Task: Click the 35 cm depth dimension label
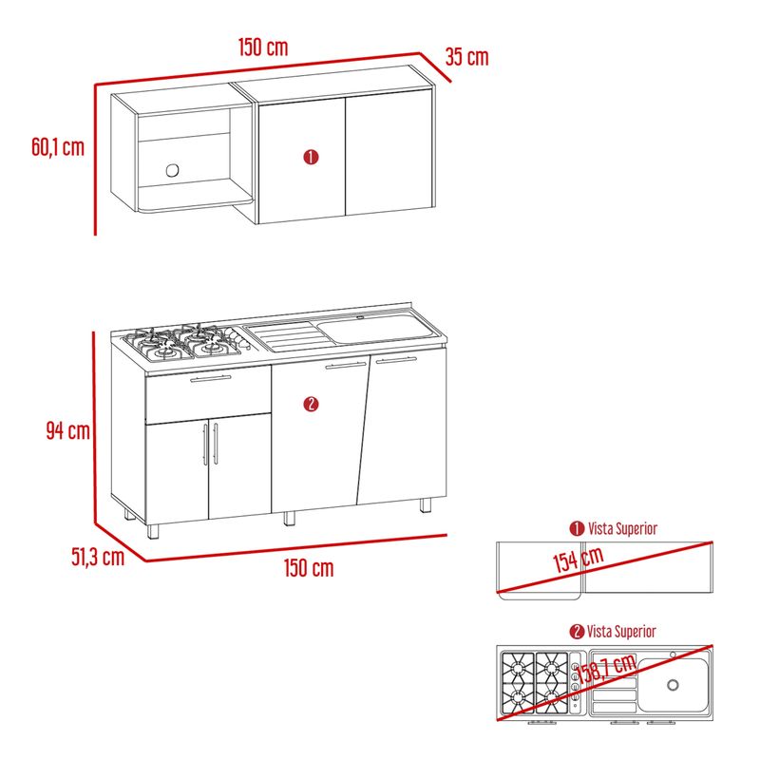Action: [x=466, y=57]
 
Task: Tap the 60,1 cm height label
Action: [x=58, y=147]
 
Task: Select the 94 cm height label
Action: [x=67, y=430]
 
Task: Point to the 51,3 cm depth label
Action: [x=98, y=557]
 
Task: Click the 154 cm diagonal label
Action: [x=579, y=560]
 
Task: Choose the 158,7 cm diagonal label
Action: [x=606, y=669]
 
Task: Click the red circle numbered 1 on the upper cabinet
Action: [x=311, y=157]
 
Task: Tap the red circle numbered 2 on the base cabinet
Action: [x=311, y=405]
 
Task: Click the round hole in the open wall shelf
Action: [x=172, y=171]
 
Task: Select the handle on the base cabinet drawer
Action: [x=210, y=378]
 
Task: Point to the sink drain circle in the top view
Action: [x=673, y=685]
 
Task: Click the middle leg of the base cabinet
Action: [x=289, y=518]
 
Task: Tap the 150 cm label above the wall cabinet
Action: [x=263, y=47]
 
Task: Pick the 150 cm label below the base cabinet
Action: [x=309, y=567]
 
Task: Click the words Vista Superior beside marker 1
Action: [x=623, y=528]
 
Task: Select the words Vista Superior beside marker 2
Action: [x=621, y=632]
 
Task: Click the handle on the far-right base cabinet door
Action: [x=396, y=360]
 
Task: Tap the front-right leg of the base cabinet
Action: [x=425, y=505]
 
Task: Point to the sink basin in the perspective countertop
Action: [x=374, y=328]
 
